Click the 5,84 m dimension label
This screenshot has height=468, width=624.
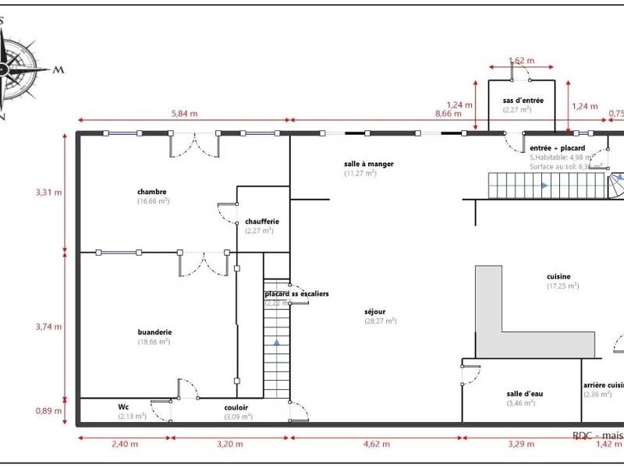coord(184,113)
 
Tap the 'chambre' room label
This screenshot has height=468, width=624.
coord(152,192)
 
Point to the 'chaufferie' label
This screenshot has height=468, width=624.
coord(261,222)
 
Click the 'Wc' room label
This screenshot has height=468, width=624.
coord(123,406)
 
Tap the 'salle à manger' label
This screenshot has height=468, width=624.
coord(368,164)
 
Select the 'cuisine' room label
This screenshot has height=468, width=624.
coord(558,276)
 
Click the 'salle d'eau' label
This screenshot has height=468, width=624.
coord(525,394)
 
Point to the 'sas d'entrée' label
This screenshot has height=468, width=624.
coord(523,101)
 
